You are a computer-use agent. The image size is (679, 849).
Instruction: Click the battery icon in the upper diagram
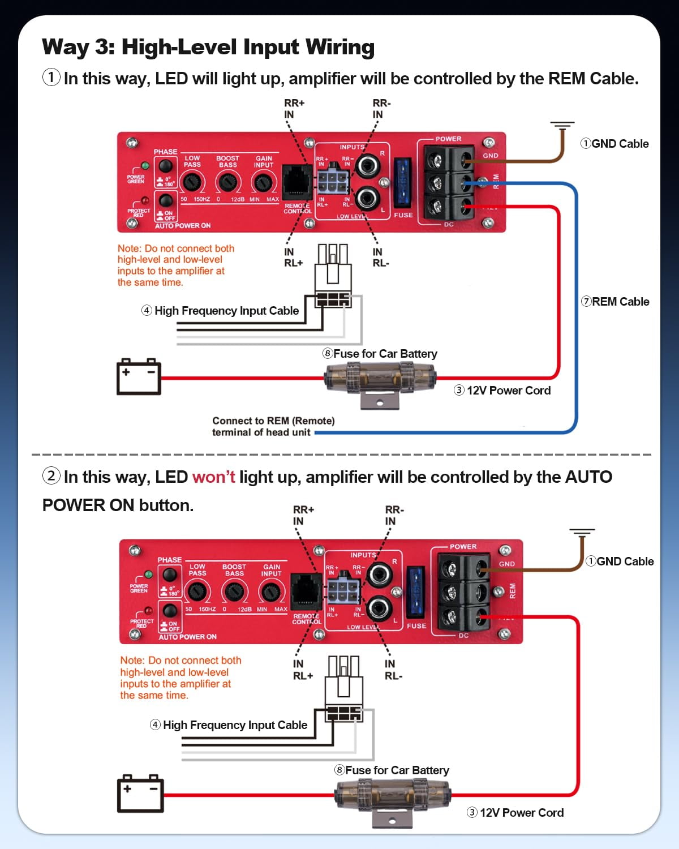click(139, 376)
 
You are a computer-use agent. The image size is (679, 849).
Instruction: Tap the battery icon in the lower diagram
click(140, 794)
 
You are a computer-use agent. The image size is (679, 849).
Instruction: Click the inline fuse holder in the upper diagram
click(380, 377)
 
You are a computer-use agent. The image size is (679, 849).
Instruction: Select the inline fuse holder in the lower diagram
click(393, 794)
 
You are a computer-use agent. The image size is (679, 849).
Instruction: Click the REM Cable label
click(615, 302)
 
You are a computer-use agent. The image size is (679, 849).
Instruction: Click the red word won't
click(213, 477)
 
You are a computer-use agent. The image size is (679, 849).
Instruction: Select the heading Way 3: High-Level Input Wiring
click(208, 47)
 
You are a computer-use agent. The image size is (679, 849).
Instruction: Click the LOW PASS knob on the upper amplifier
click(192, 182)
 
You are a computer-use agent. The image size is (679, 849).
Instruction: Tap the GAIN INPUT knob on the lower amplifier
click(271, 592)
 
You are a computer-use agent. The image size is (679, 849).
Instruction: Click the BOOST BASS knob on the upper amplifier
click(227, 182)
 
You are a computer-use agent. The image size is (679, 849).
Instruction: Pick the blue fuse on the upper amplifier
click(402, 183)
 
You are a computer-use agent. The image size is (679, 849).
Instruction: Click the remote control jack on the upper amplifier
click(296, 182)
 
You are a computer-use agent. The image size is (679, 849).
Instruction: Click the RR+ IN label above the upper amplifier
click(294, 109)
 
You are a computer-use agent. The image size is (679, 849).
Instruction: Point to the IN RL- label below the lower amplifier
click(393, 670)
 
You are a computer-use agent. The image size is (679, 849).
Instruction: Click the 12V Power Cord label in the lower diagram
click(515, 813)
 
